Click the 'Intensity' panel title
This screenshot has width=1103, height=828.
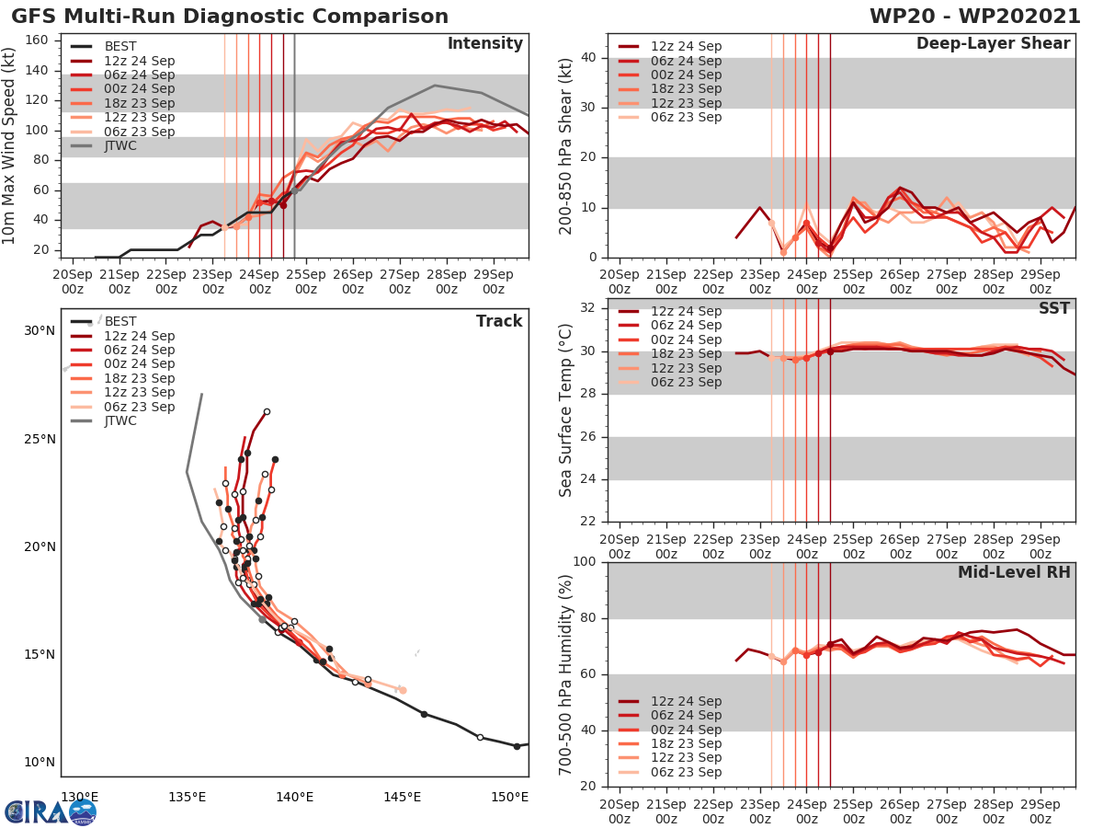tap(484, 44)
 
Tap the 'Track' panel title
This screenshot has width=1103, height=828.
tap(498, 321)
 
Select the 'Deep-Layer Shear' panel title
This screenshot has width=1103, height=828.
tap(993, 44)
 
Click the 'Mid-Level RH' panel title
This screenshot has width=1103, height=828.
tap(1014, 572)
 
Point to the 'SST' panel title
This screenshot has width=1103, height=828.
tap(1054, 308)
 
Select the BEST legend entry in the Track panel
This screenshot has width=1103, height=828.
tap(120, 321)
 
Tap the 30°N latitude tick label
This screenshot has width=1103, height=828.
tap(40, 330)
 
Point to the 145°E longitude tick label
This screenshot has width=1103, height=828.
tap(403, 796)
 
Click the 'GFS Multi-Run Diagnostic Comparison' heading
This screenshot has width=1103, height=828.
tap(230, 17)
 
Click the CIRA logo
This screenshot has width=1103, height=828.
tap(51, 811)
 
